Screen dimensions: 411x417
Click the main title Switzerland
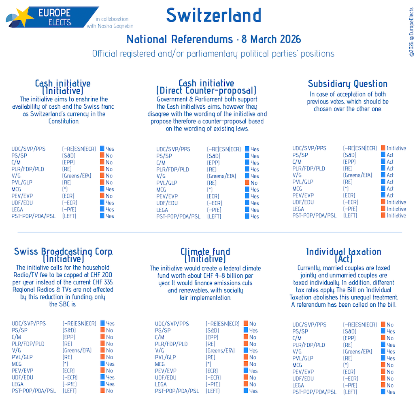pyautogui.click(x=213, y=15)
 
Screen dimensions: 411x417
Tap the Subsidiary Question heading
pyautogui.click(x=347, y=84)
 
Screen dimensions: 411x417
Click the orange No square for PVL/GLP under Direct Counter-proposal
pyautogui.click(x=247, y=183)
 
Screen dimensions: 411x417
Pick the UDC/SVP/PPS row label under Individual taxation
pyautogui.click(x=309, y=325)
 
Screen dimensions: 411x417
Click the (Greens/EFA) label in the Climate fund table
pyautogui.click(x=220, y=350)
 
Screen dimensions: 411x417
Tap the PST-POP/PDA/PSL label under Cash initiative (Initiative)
pyautogui.click(x=33, y=216)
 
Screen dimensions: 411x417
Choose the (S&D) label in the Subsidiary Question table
pyautogui.click(x=350, y=155)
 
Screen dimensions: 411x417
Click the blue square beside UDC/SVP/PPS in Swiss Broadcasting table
pyautogui.click(x=102, y=323)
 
